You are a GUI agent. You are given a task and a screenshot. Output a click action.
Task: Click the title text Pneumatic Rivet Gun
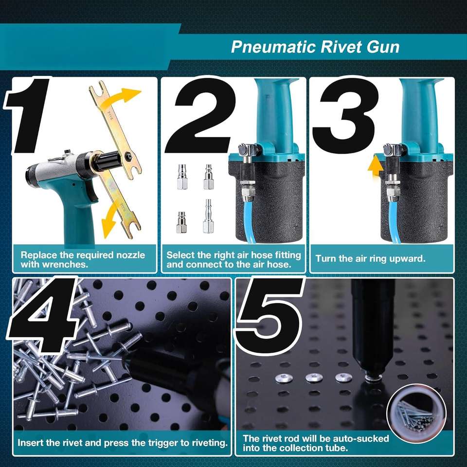click(x=315, y=47)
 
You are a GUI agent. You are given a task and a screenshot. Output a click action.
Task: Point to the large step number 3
click(x=345, y=116)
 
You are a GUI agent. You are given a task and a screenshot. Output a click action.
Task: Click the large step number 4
click(x=45, y=316)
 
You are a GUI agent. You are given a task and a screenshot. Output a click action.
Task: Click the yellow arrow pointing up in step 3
click(x=375, y=168)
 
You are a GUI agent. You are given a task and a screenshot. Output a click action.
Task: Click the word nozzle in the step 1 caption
click(x=130, y=255)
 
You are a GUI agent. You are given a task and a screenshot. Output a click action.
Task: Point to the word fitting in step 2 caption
click(x=287, y=255)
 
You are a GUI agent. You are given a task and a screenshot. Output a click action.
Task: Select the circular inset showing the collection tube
click(x=416, y=413)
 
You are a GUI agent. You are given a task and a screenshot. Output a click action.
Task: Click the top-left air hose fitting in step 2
click(x=182, y=177)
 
